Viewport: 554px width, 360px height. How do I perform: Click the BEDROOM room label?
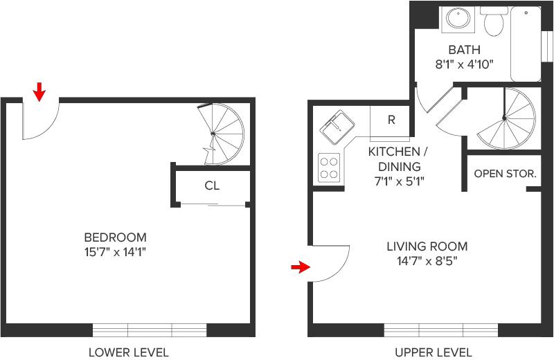point(115,237)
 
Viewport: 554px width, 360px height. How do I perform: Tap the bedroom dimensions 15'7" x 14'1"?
point(115,253)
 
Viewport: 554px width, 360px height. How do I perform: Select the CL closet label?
point(212,186)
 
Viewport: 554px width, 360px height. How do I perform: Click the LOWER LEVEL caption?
point(128,352)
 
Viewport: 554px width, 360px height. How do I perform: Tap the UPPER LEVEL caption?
point(433,352)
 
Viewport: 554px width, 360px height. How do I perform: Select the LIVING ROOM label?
point(427,246)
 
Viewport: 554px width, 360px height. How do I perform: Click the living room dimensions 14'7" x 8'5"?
point(427,261)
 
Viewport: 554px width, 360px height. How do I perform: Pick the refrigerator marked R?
point(391,120)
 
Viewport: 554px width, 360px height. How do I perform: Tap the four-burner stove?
point(329,166)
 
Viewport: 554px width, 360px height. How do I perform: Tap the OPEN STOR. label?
point(505,173)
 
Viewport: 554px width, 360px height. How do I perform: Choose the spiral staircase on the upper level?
point(505,118)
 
